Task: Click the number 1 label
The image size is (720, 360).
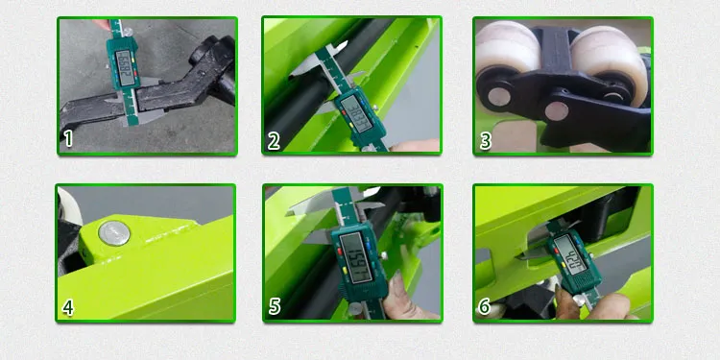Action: (x=68, y=139)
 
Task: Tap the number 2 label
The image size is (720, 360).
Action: (x=275, y=140)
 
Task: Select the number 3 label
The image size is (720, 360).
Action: (x=486, y=140)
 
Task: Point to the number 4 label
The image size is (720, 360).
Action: (x=68, y=307)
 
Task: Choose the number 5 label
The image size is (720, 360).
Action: (x=275, y=307)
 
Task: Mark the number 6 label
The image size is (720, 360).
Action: (x=486, y=307)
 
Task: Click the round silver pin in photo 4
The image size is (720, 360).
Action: (x=114, y=230)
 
